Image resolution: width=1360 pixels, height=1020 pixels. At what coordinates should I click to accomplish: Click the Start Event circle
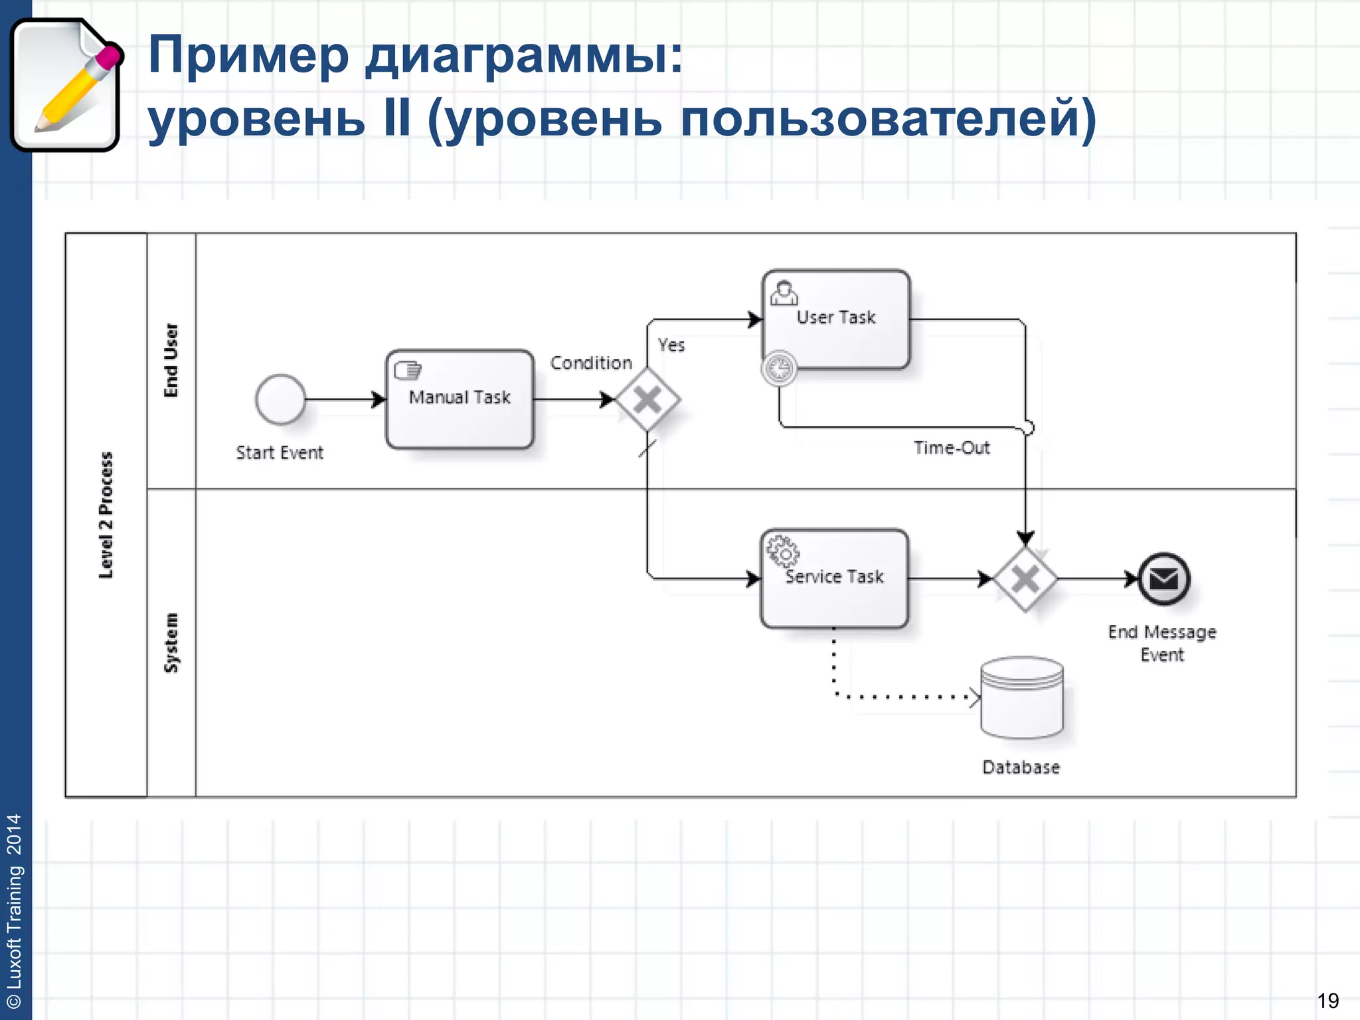pos(280,399)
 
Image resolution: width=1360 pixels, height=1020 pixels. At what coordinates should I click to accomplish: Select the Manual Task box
pos(460,400)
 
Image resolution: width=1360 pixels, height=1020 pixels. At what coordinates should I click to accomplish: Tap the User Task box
pos(836,319)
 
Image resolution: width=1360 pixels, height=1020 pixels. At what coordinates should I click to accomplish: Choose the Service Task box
pos(834,578)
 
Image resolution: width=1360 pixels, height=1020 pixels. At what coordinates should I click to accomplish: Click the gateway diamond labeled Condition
pos(647,400)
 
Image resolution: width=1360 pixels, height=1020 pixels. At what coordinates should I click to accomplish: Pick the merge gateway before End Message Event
pos(1025,579)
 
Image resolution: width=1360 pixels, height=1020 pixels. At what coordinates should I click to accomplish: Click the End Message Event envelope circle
pos(1164,579)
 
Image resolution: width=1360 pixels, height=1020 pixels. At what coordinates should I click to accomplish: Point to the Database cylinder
pos(1022,698)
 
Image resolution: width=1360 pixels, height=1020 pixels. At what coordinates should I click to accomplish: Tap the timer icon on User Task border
pos(779,369)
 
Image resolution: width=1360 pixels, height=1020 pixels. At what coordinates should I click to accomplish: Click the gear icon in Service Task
pos(782,551)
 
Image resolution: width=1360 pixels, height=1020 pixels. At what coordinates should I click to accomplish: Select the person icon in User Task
pos(784,293)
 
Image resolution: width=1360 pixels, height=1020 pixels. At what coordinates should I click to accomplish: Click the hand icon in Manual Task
pos(408,369)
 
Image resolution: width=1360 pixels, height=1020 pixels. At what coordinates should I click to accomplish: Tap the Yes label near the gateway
pos(671,345)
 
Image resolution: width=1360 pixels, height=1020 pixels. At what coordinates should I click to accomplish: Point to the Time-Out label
pos(952,448)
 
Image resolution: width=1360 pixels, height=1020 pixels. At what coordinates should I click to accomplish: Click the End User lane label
pos(171,361)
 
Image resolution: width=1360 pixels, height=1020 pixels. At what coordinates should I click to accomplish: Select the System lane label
pos(171,642)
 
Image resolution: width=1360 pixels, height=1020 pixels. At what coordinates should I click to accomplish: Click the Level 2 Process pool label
pos(106,515)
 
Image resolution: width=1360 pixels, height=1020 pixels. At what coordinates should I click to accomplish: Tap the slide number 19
pos(1327,1000)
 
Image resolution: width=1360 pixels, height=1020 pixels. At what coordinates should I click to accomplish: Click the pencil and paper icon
pos(66,85)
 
